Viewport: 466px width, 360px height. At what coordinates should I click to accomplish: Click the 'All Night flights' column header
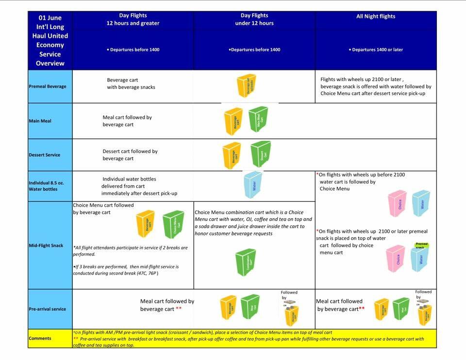tap(376, 16)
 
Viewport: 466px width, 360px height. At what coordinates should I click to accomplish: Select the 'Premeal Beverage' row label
tap(47, 86)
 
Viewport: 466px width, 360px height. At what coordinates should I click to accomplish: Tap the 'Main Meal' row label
tap(40, 121)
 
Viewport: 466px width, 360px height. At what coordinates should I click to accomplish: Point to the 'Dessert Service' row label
tap(45, 155)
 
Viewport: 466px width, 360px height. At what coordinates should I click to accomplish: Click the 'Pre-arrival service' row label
tap(48, 309)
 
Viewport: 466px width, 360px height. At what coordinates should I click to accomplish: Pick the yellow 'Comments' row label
tap(40, 338)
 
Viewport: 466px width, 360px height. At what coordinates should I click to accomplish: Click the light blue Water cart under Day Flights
tap(253, 185)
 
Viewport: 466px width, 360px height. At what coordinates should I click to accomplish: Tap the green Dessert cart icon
tap(261, 154)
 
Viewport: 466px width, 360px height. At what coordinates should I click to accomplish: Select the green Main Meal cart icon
tap(258, 119)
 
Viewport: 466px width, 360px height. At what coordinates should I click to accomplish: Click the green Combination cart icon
tap(245, 264)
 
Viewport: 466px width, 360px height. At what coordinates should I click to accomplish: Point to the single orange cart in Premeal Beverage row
tap(247, 86)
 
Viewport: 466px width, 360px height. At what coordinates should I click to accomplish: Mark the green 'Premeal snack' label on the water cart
tap(421, 245)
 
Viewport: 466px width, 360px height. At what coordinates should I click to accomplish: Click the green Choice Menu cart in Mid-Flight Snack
tap(173, 224)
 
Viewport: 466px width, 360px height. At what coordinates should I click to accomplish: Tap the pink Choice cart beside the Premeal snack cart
tap(396, 259)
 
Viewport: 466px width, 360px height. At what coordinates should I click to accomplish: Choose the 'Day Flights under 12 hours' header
tap(254, 19)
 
